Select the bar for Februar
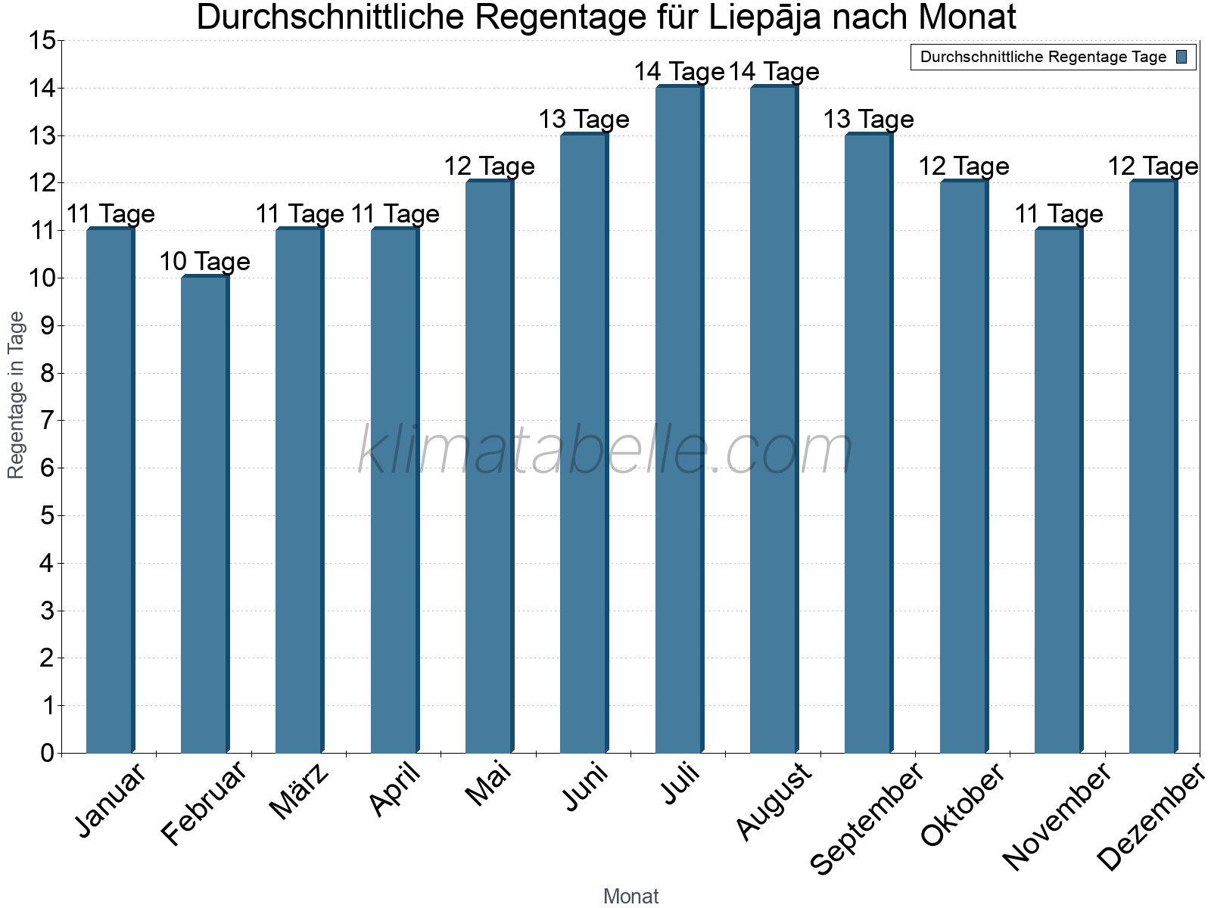tap(204, 515)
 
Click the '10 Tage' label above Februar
tap(204, 262)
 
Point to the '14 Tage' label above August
tap(774, 72)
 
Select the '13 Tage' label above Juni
tap(584, 120)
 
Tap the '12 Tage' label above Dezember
tap(1153, 166)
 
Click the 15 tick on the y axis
tap(44, 41)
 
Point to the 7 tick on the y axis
tap(47, 421)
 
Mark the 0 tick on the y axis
tap(47, 753)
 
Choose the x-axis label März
tap(300, 792)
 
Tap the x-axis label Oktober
tap(963, 805)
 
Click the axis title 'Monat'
tap(630, 897)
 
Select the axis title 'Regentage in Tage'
tap(17, 395)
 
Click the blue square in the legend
tap(1181, 57)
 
